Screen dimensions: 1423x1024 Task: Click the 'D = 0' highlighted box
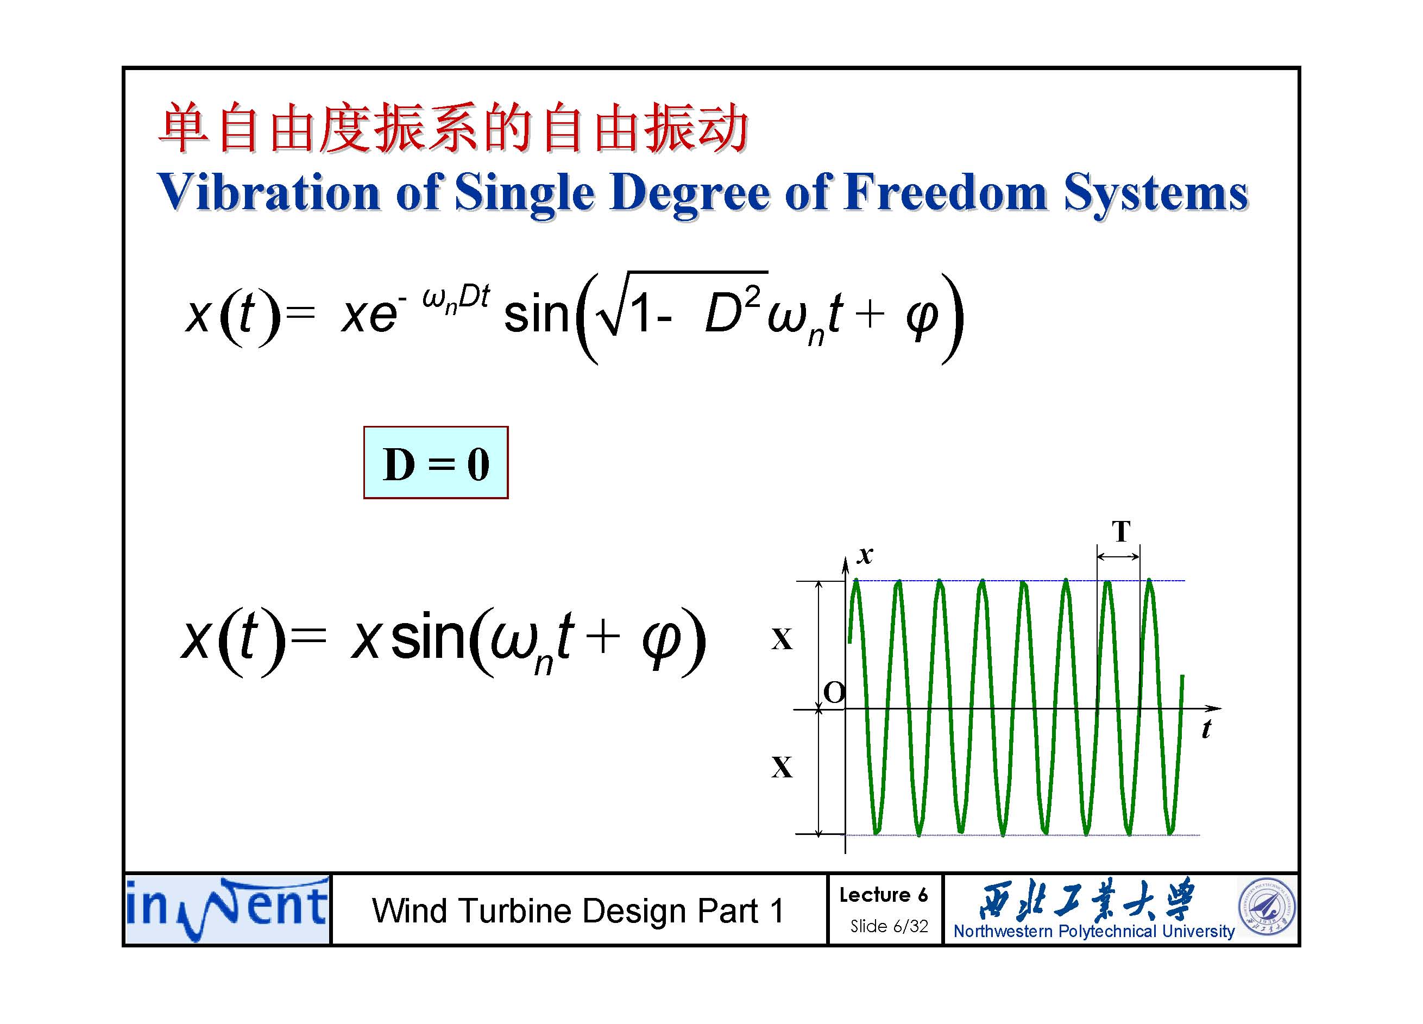click(436, 462)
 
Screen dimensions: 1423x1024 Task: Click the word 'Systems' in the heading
click(1156, 194)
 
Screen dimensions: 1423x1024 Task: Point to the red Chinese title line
click(453, 129)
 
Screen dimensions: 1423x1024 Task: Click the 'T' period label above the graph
click(1121, 531)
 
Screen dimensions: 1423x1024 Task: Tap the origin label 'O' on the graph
click(834, 693)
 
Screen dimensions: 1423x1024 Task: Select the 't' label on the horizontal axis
click(1206, 728)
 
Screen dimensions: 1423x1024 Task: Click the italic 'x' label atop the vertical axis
click(865, 554)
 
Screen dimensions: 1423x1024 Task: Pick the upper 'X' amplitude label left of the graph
click(782, 639)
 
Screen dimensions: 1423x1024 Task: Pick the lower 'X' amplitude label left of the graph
click(782, 767)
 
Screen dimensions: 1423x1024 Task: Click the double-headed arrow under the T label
click(1118, 556)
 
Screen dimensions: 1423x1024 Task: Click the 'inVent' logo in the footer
click(227, 908)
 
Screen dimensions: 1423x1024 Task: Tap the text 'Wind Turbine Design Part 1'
click(578, 910)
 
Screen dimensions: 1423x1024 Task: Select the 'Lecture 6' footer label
click(884, 895)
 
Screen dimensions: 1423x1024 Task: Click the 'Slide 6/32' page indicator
click(889, 926)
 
